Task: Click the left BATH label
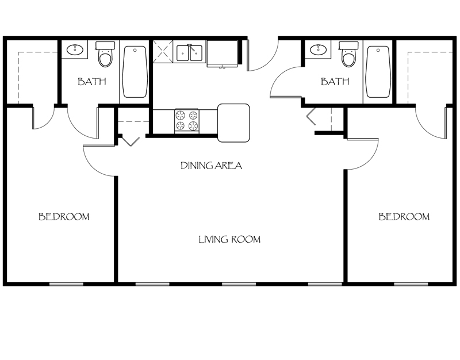pyautogui.click(x=92, y=82)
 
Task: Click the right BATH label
pyautogui.click(x=335, y=82)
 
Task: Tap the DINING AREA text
pyautogui.click(x=211, y=166)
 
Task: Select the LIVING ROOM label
pyautogui.click(x=229, y=239)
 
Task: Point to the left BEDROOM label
pyautogui.click(x=64, y=217)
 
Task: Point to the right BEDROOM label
pyautogui.click(x=404, y=217)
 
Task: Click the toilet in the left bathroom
pyautogui.click(x=105, y=55)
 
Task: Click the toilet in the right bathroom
pyautogui.click(x=348, y=55)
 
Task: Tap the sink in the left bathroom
pyautogui.click(x=75, y=50)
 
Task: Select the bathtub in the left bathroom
pyautogui.click(x=135, y=72)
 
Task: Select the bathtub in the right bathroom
pyautogui.click(x=378, y=72)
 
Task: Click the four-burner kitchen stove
pyautogui.click(x=186, y=121)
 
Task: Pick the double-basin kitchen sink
pyautogui.click(x=189, y=53)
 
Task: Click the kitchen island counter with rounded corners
pyautogui.click(x=233, y=123)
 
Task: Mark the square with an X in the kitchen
pyautogui.click(x=163, y=50)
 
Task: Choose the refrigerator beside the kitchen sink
pyautogui.click(x=222, y=53)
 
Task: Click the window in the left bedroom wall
pyautogui.click(x=67, y=284)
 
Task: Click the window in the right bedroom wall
pyautogui.click(x=411, y=284)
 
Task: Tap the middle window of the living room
pyautogui.click(x=239, y=284)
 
